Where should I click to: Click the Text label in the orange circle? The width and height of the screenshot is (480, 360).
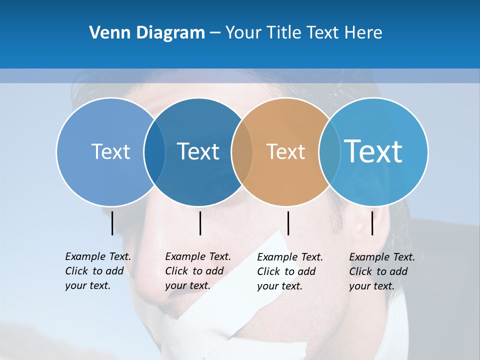pos(285,152)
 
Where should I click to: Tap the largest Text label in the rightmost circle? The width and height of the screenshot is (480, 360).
pos(373,151)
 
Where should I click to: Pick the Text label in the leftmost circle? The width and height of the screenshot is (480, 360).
pos(110,152)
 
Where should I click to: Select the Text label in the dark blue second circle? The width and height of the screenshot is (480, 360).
pos(198,152)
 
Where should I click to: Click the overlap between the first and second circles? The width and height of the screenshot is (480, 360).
pos(154,152)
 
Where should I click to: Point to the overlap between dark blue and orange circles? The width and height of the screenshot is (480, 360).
pos(242,152)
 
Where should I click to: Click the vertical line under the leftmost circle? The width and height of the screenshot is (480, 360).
pos(112,223)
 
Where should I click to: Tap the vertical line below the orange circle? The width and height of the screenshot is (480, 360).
pos(288,223)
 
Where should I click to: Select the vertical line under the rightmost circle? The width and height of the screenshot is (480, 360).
pos(372,223)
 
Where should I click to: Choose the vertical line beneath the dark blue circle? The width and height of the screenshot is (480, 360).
pos(200,223)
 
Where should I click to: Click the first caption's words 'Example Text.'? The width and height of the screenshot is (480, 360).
pos(98,256)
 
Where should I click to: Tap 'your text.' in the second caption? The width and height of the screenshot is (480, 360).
pos(187,285)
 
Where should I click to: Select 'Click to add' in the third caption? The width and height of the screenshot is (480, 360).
pos(286,271)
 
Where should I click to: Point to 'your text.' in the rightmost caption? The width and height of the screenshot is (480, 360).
pos(371,286)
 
